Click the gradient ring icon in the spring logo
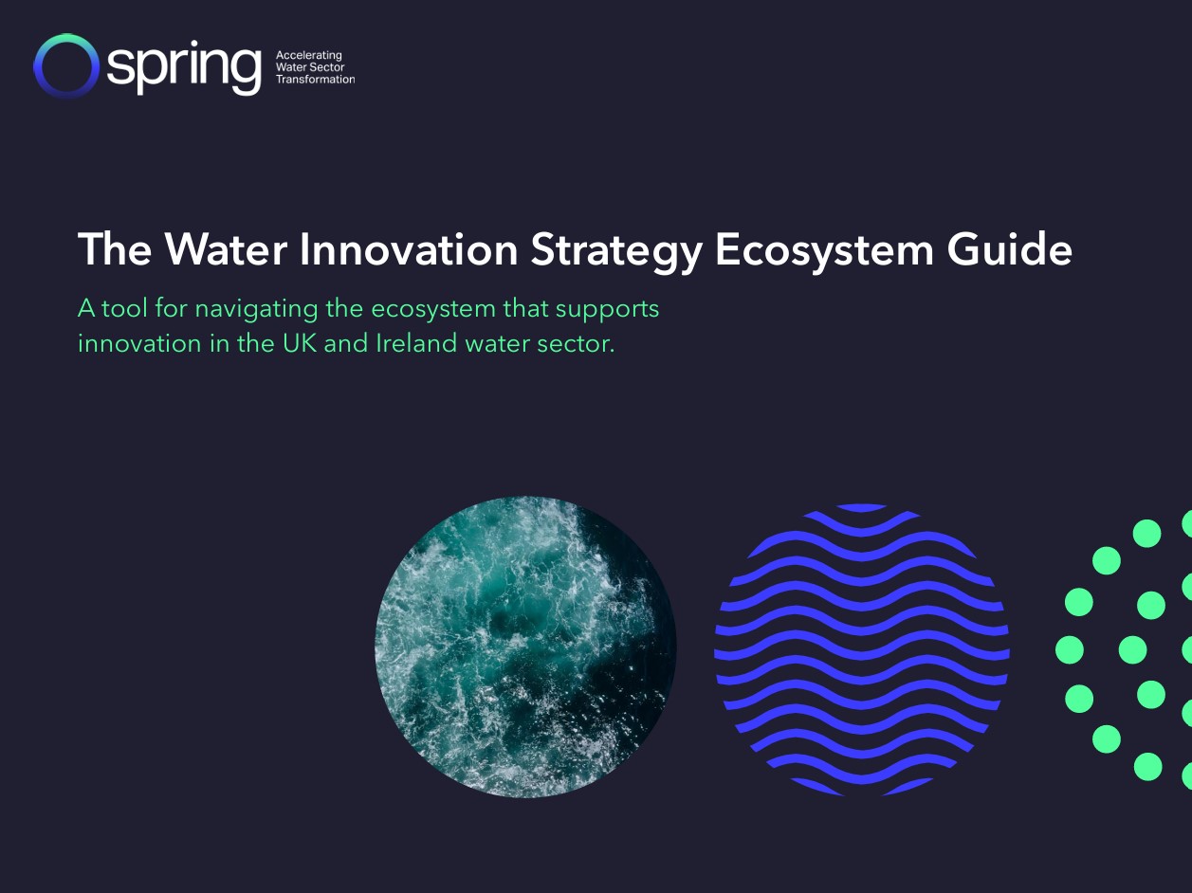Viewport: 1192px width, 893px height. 65,65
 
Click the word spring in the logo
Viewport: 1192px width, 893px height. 183,68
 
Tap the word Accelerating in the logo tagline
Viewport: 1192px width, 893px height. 308,56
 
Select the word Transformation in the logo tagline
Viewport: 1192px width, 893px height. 315,80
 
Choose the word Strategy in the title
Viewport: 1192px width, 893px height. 616,251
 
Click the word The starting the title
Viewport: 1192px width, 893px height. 115,250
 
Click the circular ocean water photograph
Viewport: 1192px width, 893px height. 525,647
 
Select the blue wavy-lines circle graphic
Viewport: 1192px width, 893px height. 861,649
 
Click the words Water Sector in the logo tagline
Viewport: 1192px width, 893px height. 309,68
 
